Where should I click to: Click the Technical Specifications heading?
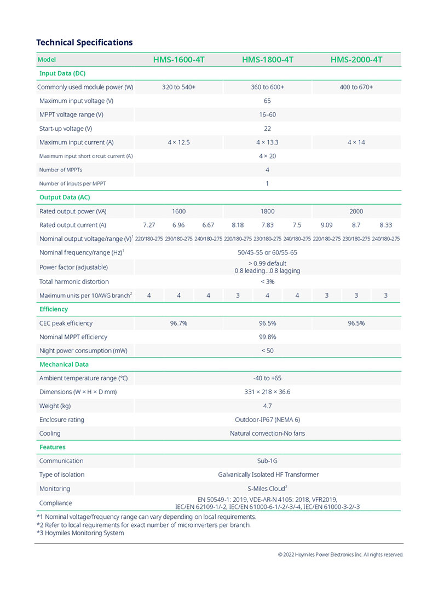pyautogui.click(x=84, y=42)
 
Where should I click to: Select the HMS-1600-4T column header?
pyautogui.click(x=179, y=60)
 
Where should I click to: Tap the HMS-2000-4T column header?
pyautogui.click(x=356, y=60)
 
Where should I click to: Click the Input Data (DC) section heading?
pyautogui.click(x=62, y=73)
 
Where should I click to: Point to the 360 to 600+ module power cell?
pyautogui.click(x=267, y=87)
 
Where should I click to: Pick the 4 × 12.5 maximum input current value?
pyautogui.click(x=178, y=142)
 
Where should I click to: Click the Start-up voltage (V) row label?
pyautogui.click(x=66, y=129)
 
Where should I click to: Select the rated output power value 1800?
pyautogui.click(x=267, y=211)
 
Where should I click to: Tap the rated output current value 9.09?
pyautogui.click(x=326, y=225)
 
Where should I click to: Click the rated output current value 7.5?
pyautogui.click(x=297, y=225)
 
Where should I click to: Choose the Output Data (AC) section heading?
pyautogui.click(x=65, y=197)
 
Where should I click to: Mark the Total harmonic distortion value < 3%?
pyautogui.click(x=267, y=281)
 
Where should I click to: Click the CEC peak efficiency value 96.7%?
pyautogui.click(x=178, y=323)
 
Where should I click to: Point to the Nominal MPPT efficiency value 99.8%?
pyautogui.click(x=267, y=337)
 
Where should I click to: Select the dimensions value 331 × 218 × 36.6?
pyautogui.click(x=267, y=392)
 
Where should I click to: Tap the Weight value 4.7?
pyautogui.click(x=267, y=406)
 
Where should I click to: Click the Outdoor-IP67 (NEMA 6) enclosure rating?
pyautogui.click(x=267, y=420)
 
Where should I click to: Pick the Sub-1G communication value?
pyautogui.click(x=267, y=461)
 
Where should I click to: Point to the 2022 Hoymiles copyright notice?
pyautogui.click(x=340, y=554)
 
